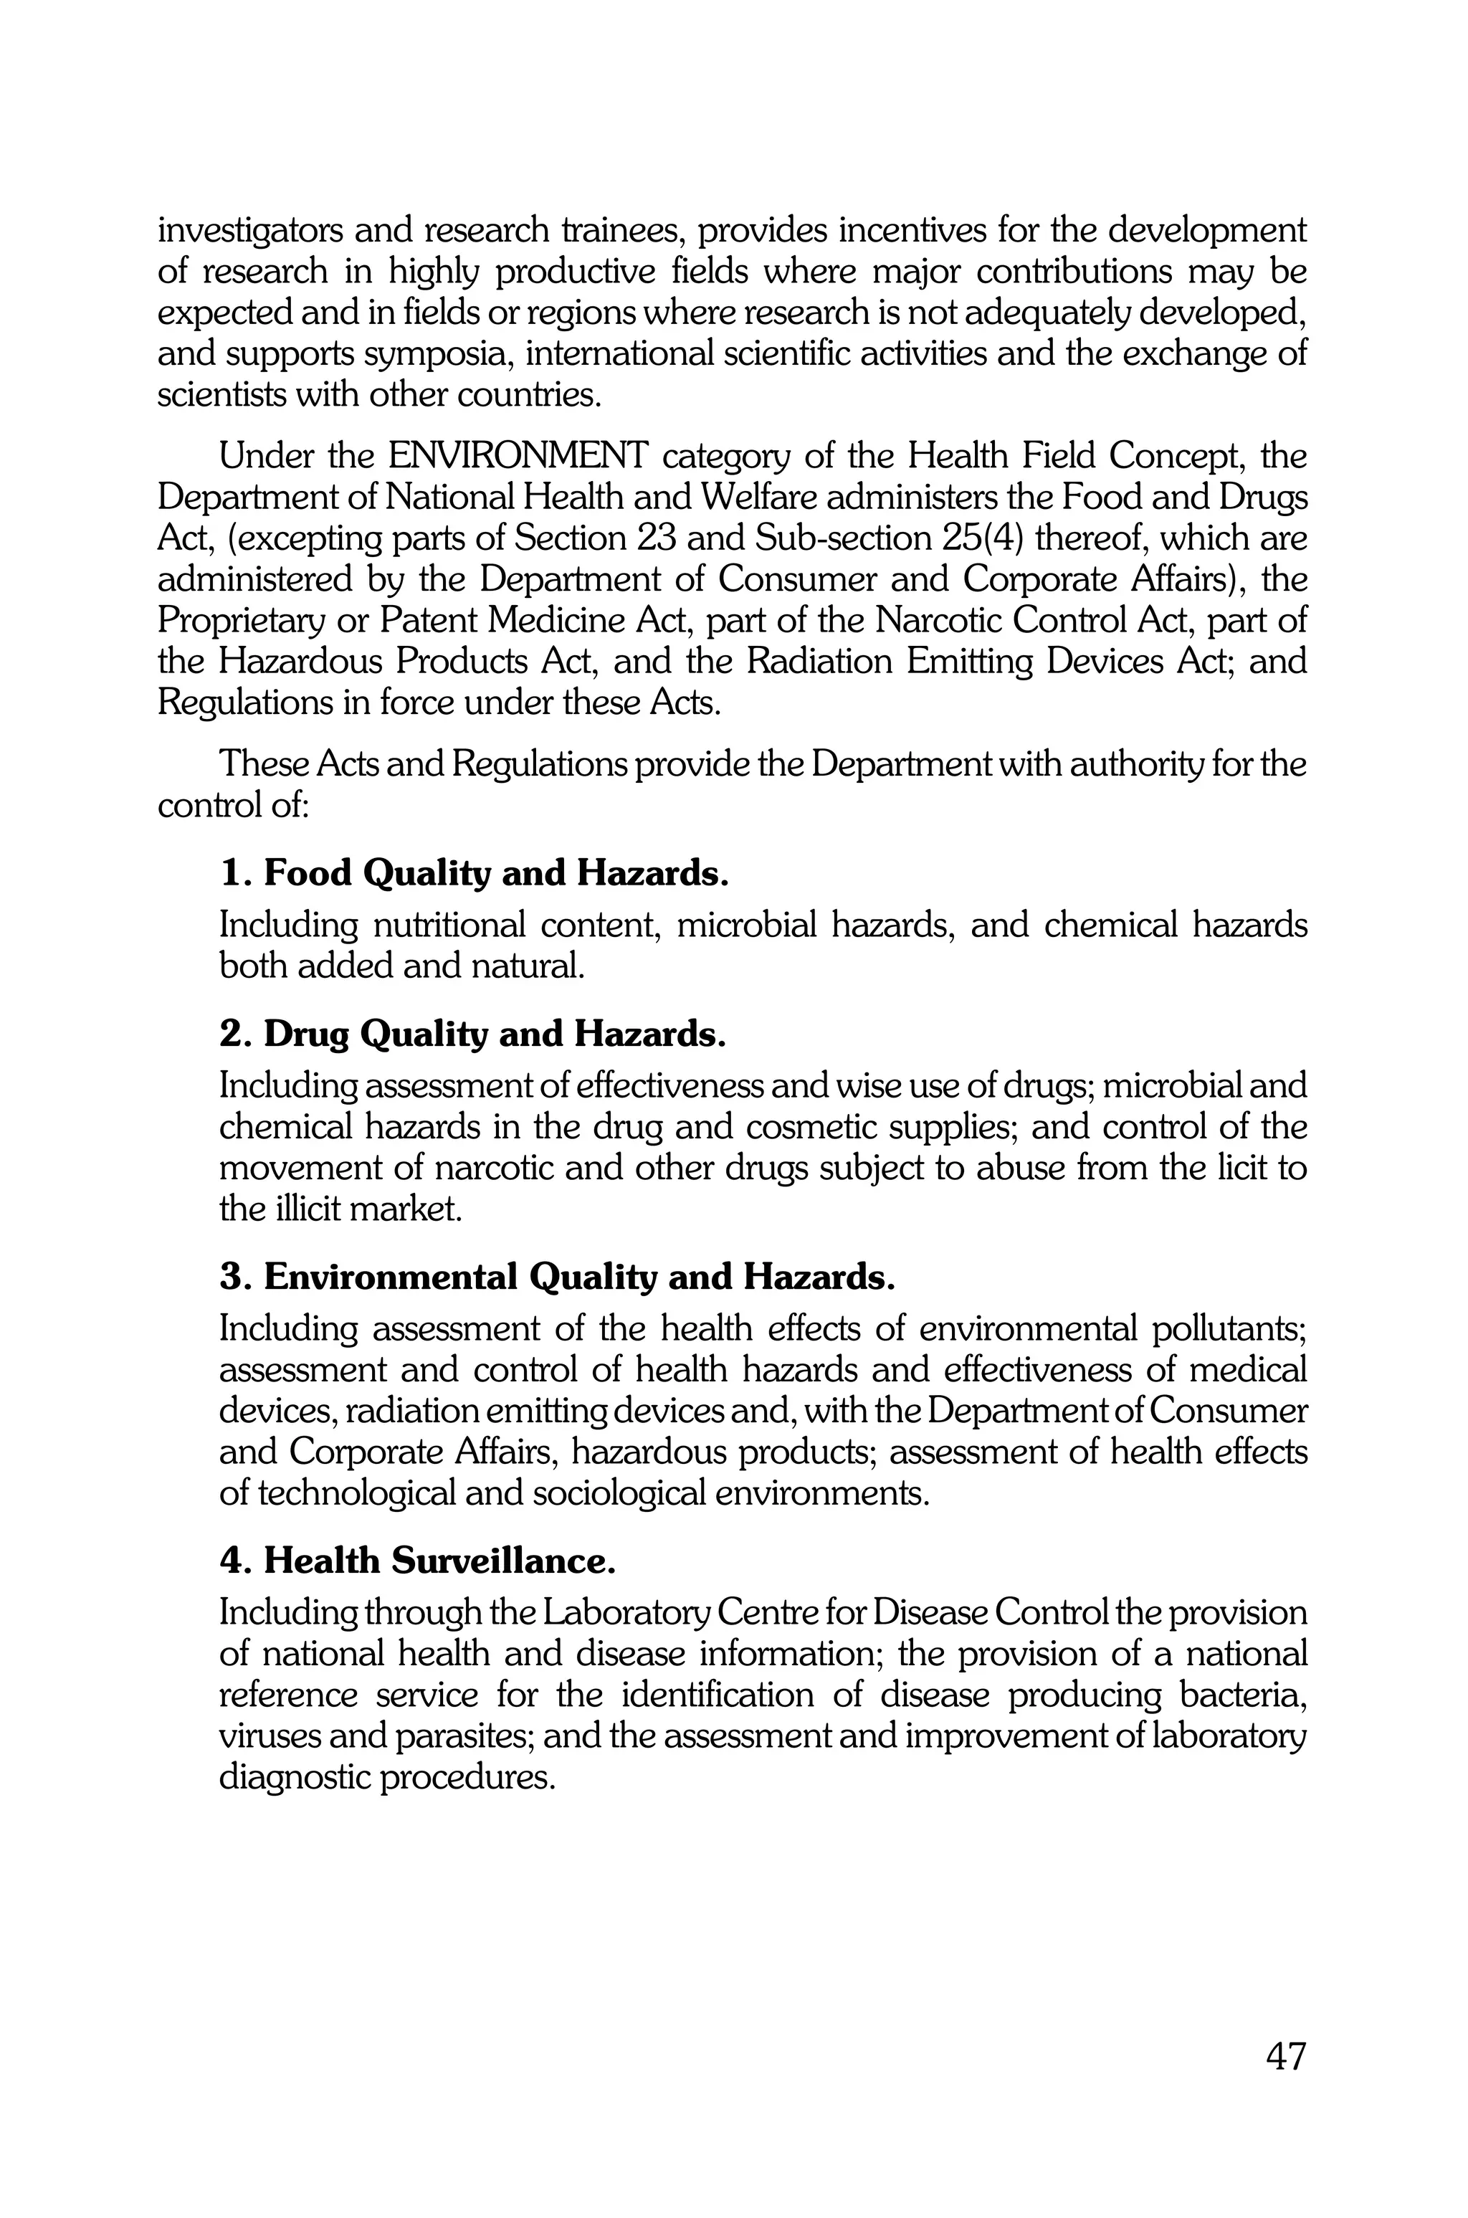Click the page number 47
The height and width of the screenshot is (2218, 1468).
click(1284, 2057)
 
